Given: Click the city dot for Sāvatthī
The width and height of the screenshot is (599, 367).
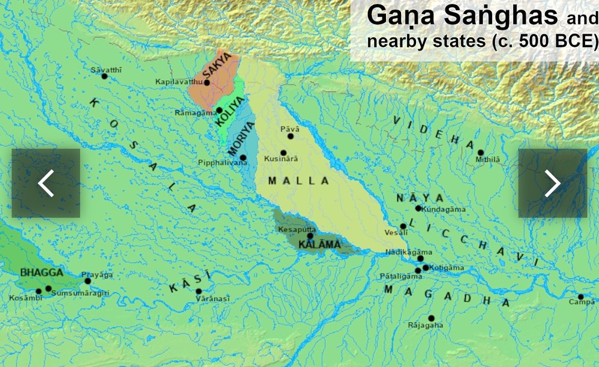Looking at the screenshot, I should (x=104, y=76).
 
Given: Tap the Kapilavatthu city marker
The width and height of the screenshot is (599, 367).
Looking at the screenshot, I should (x=207, y=82).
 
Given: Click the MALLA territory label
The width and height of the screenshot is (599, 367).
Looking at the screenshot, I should (x=299, y=181).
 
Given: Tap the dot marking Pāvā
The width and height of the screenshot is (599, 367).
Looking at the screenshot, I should (x=290, y=136).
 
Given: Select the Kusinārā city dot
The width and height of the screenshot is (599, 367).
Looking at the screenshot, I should (x=284, y=153).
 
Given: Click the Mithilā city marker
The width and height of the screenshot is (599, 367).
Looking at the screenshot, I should (x=481, y=153).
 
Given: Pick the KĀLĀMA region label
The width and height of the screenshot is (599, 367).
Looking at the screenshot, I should (x=319, y=244).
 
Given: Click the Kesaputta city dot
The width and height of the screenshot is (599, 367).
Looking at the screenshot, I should (x=310, y=236).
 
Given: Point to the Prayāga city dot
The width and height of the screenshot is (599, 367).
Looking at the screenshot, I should (x=87, y=281).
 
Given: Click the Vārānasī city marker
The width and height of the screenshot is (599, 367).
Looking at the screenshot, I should (x=199, y=291).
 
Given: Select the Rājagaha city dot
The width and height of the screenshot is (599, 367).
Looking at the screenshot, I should (x=431, y=318).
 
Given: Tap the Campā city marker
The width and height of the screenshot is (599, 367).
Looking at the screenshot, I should (x=581, y=297).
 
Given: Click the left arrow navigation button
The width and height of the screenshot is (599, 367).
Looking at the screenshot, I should (x=46, y=183).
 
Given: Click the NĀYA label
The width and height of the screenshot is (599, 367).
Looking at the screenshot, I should (x=420, y=198).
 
